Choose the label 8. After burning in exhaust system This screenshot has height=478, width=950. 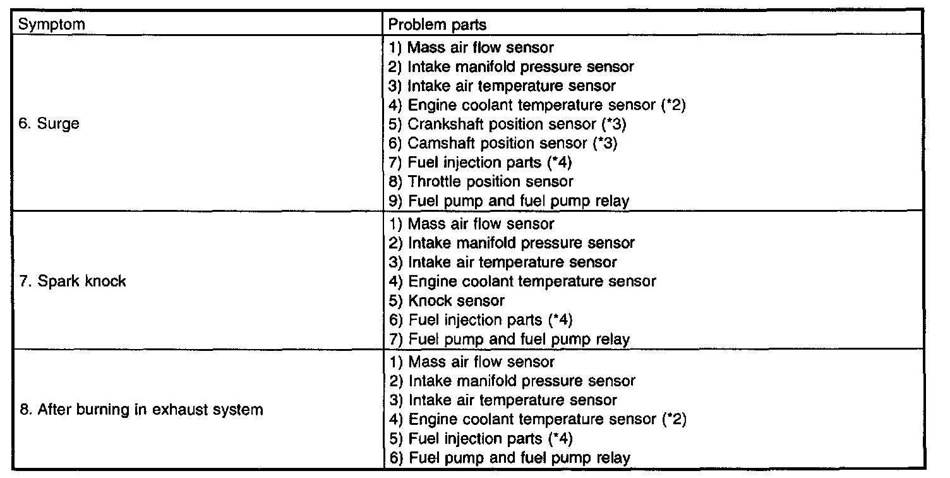[x=141, y=410]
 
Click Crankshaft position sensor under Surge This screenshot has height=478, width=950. [x=516, y=124]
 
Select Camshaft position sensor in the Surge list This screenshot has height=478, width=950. [x=512, y=144]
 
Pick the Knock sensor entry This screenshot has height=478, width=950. [x=455, y=301]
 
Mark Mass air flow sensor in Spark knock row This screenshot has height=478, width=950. [x=481, y=223]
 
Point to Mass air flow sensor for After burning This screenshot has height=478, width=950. [x=481, y=362]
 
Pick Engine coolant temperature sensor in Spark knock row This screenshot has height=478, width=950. [x=531, y=281]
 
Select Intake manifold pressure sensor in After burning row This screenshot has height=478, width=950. [x=520, y=381]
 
